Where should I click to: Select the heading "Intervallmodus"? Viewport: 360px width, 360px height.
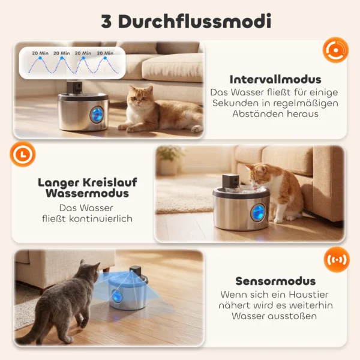pyautogui.click(x=275, y=79)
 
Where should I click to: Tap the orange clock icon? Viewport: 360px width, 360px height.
pyautogui.click(x=23, y=155)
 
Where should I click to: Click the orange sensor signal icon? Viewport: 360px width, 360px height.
pyautogui.click(x=336, y=260)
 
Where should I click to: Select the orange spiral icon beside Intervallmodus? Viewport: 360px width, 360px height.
pyautogui.click(x=335, y=50)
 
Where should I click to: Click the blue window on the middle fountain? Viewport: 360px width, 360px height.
pyautogui.click(x=256, y=212)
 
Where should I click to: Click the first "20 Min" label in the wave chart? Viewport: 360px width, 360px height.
pyautogui.click(x=40, y=53)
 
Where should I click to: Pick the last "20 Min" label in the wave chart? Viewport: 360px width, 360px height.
pyautogui.click(x=105, y=53)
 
